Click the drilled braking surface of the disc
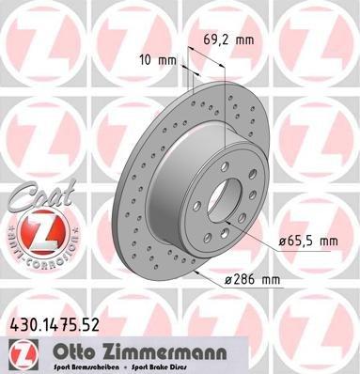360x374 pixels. (x=132, y=188)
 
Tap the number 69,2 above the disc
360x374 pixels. (x=220, y=40)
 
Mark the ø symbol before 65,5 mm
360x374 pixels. (x=282, y=242)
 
